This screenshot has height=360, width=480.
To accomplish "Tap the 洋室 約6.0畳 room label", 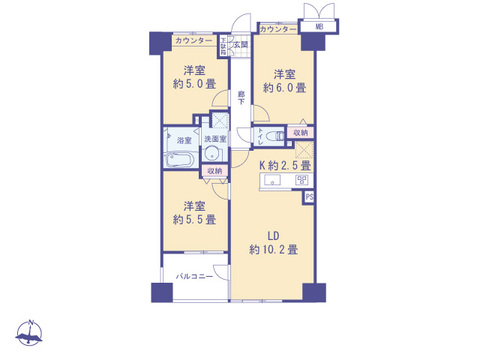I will (x=284, y=80).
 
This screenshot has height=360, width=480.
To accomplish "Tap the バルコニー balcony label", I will (x=194, y=275).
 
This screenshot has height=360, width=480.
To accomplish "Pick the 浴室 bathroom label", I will (x=185, y=142).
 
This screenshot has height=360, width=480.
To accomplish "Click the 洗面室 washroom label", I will (x=216, y=141).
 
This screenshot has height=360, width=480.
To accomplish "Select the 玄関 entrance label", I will (x=240, y=46).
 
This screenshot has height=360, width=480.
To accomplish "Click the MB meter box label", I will (x=318, y=27).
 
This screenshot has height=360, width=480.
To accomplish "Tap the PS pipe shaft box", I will (x=309, y=197).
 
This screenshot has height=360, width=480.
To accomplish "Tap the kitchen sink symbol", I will (x=272, y=182).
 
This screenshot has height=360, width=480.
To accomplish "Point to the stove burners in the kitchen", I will (x=299, y=181).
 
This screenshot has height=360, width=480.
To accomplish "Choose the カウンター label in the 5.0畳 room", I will (x=193, y=40).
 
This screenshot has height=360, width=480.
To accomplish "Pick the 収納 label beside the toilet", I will (x=300, y=132).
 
